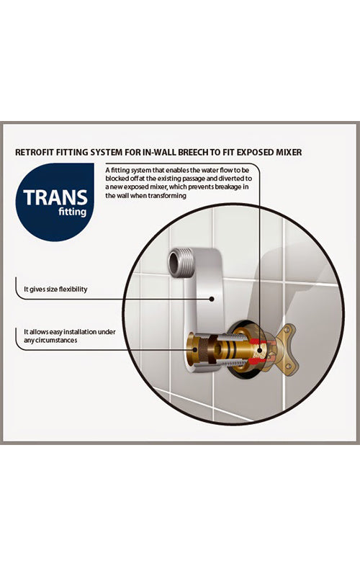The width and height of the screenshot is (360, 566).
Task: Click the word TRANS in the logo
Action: coord(55,197)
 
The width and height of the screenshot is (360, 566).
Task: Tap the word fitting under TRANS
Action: coord(72,212)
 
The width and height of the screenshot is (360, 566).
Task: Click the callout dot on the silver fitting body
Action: coord(212,299)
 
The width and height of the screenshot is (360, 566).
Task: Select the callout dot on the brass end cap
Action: coord(195,349)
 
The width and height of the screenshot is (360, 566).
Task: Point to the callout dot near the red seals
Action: coord(259,349)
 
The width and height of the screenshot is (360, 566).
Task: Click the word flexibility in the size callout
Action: coord(73,289)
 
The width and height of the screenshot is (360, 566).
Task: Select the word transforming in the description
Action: coord(169,196)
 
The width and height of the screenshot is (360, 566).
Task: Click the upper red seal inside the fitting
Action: coord(256,341)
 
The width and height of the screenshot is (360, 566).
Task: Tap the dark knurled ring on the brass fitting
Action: coord(207,348)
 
